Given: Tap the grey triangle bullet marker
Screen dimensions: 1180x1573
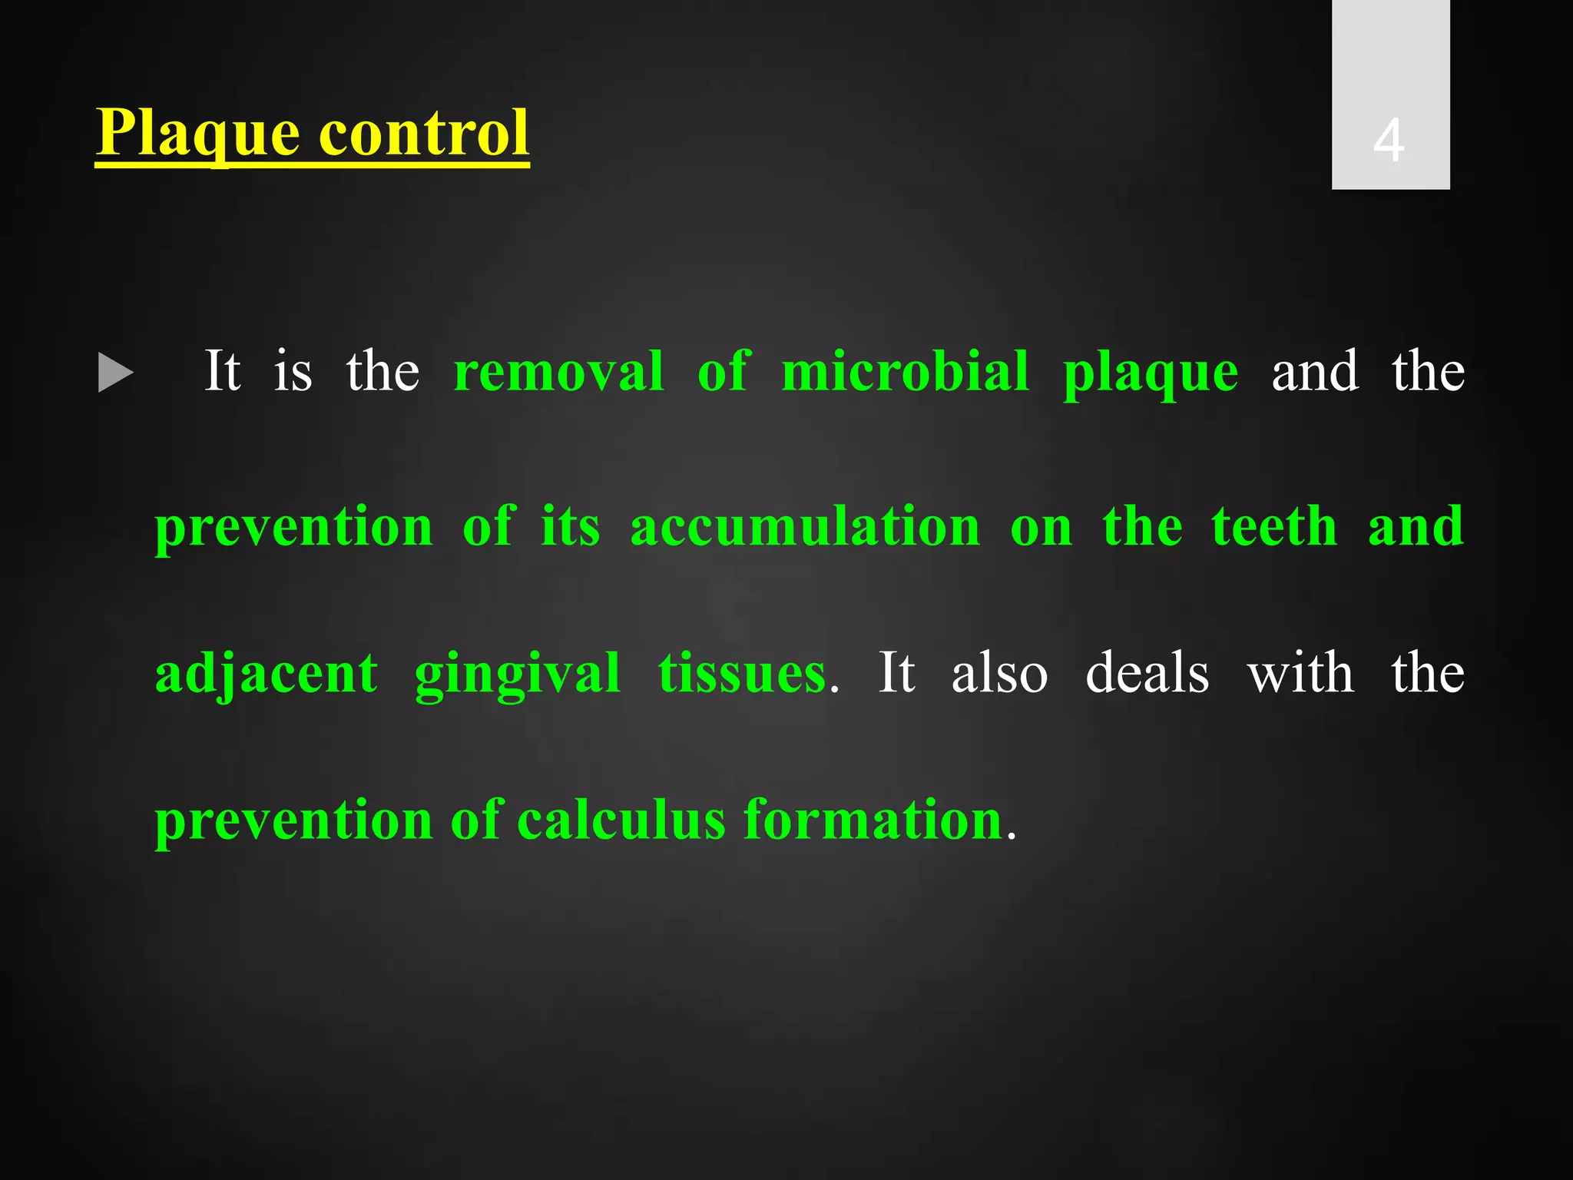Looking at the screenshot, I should tap(116, 373).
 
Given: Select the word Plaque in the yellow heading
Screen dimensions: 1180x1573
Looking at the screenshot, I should tap(197, 134).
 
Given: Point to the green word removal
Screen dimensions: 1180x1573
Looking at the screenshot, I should tap(558, 372).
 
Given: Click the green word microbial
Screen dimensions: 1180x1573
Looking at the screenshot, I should tap(905, 372).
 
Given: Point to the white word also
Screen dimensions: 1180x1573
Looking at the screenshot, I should tap(999, 673).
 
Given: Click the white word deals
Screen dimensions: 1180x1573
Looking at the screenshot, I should tap(1147, 673).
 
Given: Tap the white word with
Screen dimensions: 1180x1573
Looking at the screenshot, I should tap(1300, 673).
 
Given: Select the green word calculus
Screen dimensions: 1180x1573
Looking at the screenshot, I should tap(621, 820).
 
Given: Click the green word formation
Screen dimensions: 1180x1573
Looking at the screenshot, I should tap(873, 820).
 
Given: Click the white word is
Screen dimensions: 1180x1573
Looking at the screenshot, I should tap(293, 372).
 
